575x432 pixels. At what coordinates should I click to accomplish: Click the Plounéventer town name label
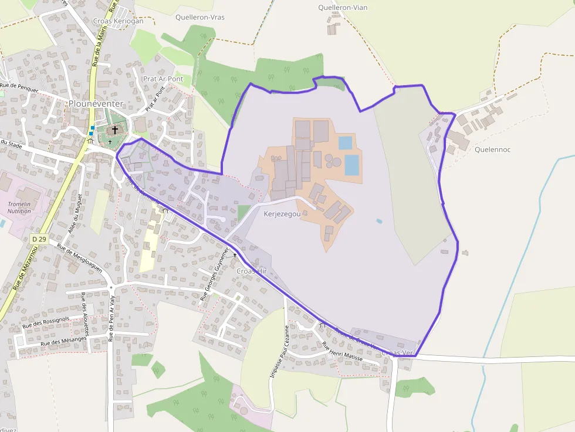pyautogui.click(x=96, y=104)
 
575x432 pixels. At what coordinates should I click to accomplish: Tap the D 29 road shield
pyautogui.click(x=39, y=239)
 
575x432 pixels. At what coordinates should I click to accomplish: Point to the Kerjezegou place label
pyautogui.click(x=282, y=215)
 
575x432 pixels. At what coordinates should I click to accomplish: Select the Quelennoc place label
pyautogui.click(x=492, y=149)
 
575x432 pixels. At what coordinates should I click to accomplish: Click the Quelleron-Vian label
pyautogui.click(x=343, y=8)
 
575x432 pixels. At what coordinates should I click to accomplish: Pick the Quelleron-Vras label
pyautogui.click(x=199, y=17)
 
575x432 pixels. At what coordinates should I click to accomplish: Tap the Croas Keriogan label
pyautogui.click(x=118, y=21)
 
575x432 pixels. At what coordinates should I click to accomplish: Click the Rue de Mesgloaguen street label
pyautogui.click(x=79, y=257)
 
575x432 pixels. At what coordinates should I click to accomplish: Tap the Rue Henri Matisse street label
pyautogui.click(x=343, y=349)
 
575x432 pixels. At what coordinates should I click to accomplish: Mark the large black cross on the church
pyautogui.click(x=115, y=129)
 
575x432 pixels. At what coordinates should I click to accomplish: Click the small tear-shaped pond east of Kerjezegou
pyautogui.click(x=379, y=222)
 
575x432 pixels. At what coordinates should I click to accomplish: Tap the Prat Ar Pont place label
pyautogui.click(x=163, y=79)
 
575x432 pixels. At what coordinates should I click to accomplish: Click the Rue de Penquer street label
pyautogui.click(x=19, y=88)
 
